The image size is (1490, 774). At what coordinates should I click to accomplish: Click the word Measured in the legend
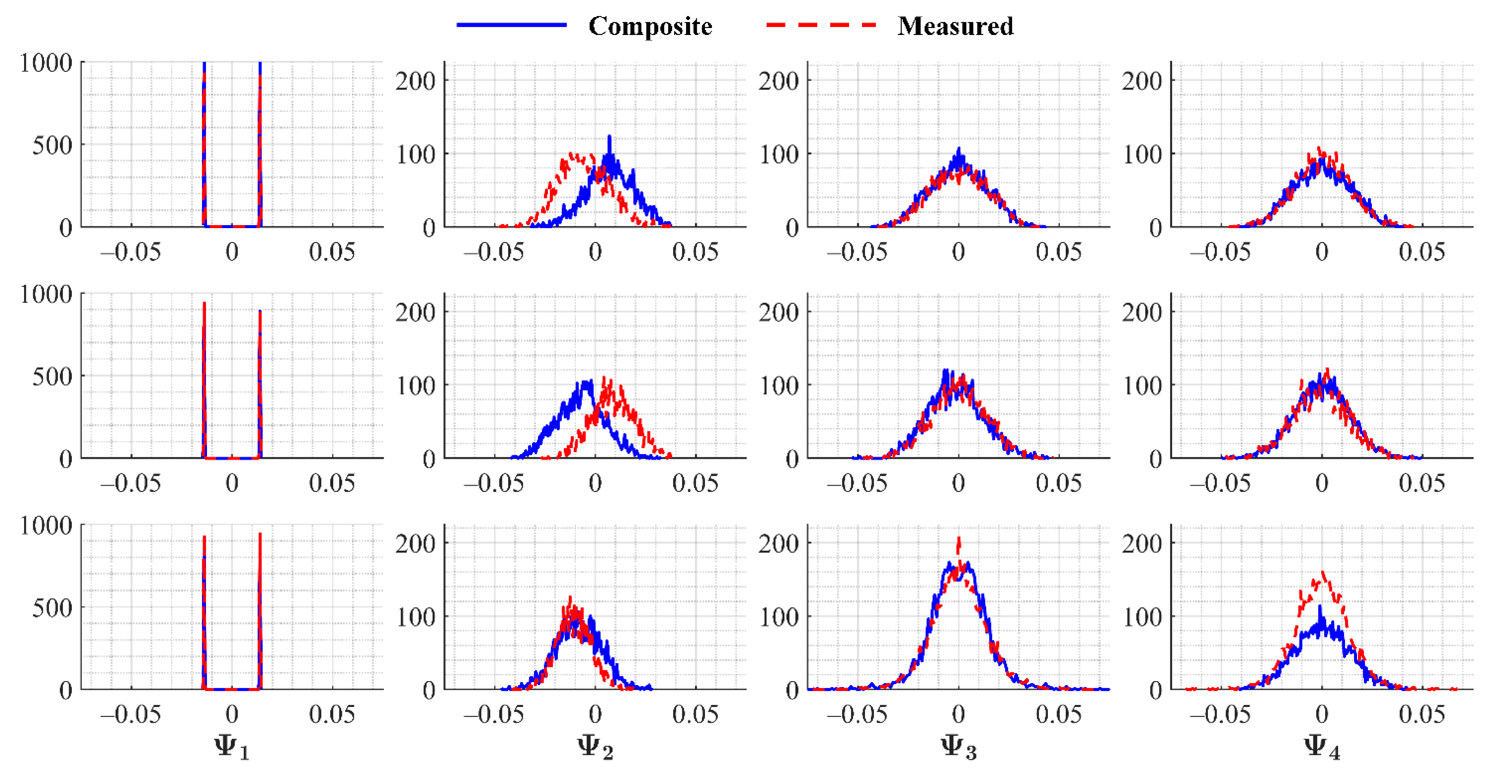[955, 26]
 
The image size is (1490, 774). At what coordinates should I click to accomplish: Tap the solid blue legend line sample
[511, 25]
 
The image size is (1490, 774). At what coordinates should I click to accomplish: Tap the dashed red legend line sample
[821, 25]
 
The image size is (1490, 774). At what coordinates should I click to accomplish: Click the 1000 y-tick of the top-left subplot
[46, 63]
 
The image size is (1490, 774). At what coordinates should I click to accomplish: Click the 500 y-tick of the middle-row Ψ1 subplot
[52, 376]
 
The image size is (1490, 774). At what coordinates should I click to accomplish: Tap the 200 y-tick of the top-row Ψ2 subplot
[415, 81]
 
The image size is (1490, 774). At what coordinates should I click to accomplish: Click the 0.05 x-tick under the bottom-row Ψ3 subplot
[1058, 714]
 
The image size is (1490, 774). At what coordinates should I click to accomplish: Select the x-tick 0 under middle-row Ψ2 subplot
[595, 483]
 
